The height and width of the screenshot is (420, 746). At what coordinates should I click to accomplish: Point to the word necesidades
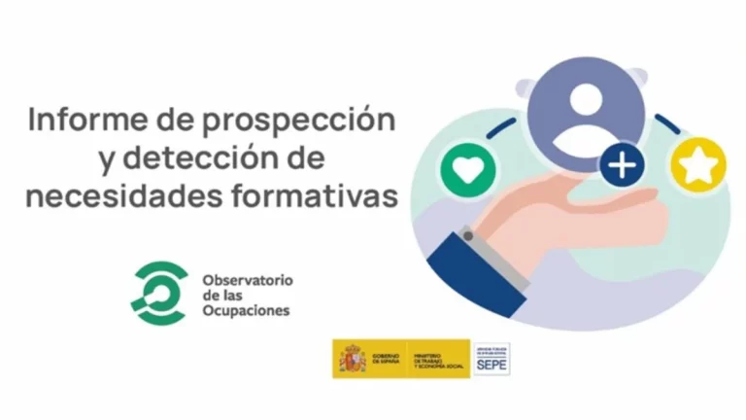pos(114,194)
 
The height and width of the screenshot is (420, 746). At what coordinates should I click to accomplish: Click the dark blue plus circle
pos(623,164)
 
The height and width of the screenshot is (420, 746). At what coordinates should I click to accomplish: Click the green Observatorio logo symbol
pos(157,293)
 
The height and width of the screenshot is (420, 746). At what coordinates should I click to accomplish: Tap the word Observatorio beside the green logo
pos(247,280)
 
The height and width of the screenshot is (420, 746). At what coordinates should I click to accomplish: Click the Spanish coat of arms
pos(352,359)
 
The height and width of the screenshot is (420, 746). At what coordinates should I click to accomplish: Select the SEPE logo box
pos(491,359)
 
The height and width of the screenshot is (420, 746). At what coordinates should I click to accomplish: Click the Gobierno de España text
pos(386,359)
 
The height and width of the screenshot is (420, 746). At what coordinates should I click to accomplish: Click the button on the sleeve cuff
pos(469,236)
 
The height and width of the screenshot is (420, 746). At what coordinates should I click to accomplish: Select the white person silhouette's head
pos(586,97)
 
